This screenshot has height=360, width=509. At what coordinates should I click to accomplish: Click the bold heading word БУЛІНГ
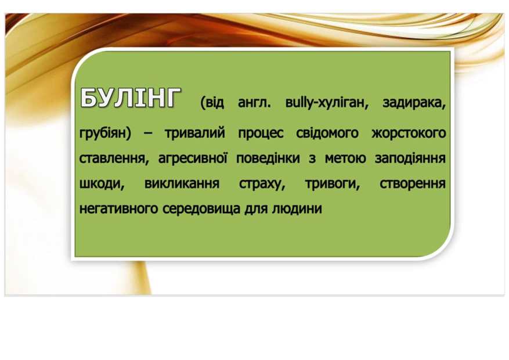click(130, 98)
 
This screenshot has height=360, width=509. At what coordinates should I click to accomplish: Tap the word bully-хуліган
click(327, 103)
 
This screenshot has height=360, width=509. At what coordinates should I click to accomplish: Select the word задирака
click(414, 103)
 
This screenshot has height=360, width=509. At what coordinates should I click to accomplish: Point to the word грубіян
click(103, 134)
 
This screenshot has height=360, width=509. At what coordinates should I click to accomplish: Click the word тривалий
click(195, 133)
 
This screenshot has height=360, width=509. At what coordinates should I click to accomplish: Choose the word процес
click(261, 134)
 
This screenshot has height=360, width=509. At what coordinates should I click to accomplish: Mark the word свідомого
click(327, 133)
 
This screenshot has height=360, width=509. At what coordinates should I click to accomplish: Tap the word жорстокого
click(409, 134)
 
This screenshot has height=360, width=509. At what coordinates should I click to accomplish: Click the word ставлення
click(112, 159)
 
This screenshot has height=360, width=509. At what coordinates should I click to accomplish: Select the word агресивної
click(193, 158)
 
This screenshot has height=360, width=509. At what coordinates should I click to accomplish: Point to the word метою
click(345, 159)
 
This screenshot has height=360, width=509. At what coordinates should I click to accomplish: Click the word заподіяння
click(410, 159)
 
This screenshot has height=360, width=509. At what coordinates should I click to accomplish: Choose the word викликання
click(182, 183)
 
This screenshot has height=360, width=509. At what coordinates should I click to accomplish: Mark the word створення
click(413, 184)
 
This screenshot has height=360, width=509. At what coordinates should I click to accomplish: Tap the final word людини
click(297, 208)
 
